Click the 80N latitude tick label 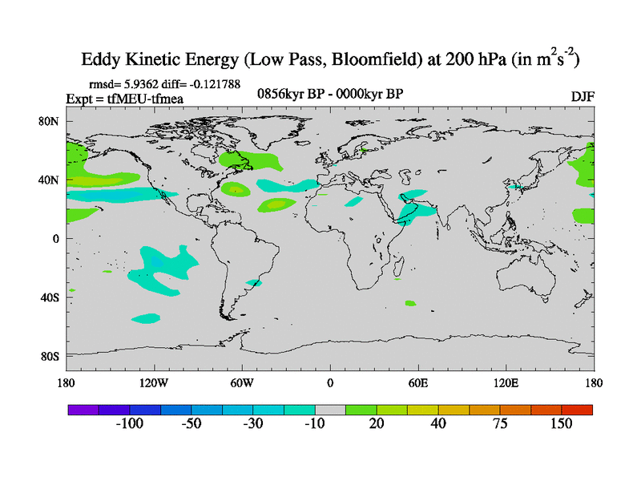click(50, 121)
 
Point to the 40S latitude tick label click(51, 297)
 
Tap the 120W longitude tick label click(153, 382)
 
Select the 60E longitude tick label click(417, 382)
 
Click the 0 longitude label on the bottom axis click(329, 382)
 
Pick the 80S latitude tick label click(51, 356)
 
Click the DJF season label click(582, 96)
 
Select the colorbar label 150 click(561, 424)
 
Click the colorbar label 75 click(500, 424)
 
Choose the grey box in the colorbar click(329, 410)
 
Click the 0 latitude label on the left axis click(56, 239)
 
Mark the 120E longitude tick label click(506, 382)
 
